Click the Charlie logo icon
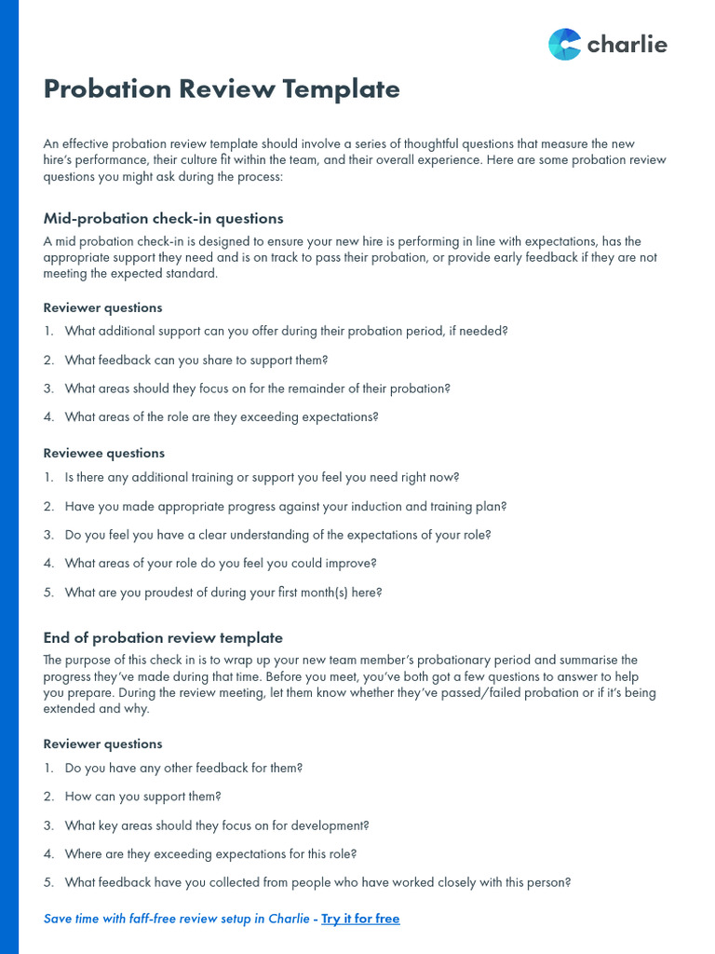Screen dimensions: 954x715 [x=564, y=44]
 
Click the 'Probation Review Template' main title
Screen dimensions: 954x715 [x=222, y=89]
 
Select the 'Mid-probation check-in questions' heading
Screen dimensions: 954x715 [x=163, y=219]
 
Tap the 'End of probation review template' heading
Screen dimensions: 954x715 [x=163, y=638]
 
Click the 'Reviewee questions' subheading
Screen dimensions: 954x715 [x=104, y=454]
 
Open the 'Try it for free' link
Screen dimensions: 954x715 [x=360, y=919]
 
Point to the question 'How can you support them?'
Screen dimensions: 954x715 [x=142, y=797]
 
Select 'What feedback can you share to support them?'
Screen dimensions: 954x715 [x=196, y=361]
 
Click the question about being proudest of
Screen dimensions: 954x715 [x=223, y=593]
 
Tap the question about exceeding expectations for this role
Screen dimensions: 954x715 [x=210, y=854]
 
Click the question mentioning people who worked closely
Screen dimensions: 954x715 [x=317, y=882]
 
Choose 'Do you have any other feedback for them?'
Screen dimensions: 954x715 [x=183, y=769]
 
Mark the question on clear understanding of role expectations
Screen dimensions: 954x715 [x=277, y=536]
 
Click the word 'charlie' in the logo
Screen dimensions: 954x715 [x=627, y=45]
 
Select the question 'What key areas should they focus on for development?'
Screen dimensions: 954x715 [x=217, y=825]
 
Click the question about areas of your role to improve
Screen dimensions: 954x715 [x=221, y=564]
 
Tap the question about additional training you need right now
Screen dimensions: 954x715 [x=262, y=478]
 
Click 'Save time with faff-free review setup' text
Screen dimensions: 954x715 [x=177, y=919]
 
